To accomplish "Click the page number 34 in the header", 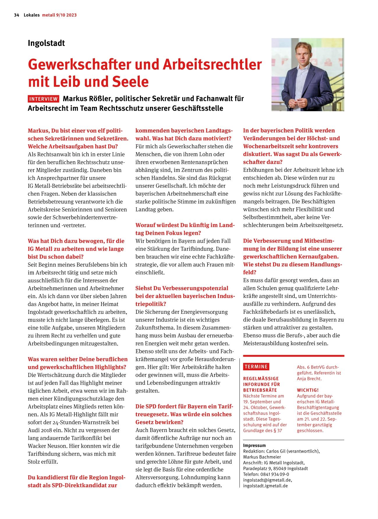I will tap(16, 15).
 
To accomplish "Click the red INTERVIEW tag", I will tap(44, 99).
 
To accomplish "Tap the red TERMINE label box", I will tap(256, 367).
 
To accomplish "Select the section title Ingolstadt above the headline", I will tap(46, 43).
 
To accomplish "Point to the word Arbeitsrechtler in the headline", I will tap(212, 64).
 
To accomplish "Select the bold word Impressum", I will tap(254, 445).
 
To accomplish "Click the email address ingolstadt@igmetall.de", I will tap(267, 480).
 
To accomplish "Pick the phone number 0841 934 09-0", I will tap(275, 474).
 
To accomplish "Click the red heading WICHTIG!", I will tap(308, 390).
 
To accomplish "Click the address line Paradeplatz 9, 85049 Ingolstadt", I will tap(275, 468).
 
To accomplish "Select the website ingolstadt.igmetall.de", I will tap(265, 486).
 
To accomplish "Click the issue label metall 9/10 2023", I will tap(59, 15).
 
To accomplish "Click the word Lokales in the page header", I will tap(32, 15).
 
